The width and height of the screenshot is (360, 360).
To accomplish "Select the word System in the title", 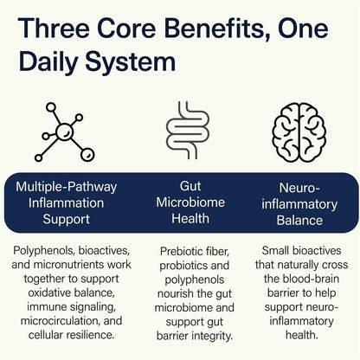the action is pyautogui.click(x=131, y=63).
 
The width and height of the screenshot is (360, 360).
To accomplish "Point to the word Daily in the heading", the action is pyautogui.click(x=48, y=63).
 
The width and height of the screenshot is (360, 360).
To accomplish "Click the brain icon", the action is pyautogui.click(x=299, y=132).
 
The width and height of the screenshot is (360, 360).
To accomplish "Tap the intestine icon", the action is pyautogui.click(x=188, y=131).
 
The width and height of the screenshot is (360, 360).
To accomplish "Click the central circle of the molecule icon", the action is pyautogui.click(x=65, y=132).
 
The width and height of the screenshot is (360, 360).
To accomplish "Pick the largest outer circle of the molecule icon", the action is pyautogui.click(x=87, y=155).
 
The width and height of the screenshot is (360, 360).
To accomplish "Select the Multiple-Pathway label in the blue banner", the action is pyautogui.click(x=67, y=187).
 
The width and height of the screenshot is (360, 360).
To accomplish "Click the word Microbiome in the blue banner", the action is pyautogui.click(x=190, y=202).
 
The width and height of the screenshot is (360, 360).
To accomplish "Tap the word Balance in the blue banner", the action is pyautogui.click(x=299, y=221).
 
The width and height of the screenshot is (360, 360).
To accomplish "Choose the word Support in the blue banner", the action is pyautogui.click(x=67, y=220).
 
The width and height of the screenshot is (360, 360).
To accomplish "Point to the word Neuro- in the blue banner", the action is pyautogui.click(x=299, y=188).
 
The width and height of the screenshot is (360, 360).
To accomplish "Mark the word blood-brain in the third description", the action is pyautogui.click(x=311, y=279).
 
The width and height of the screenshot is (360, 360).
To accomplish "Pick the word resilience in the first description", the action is pyautogui.click(x=90, y=335).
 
